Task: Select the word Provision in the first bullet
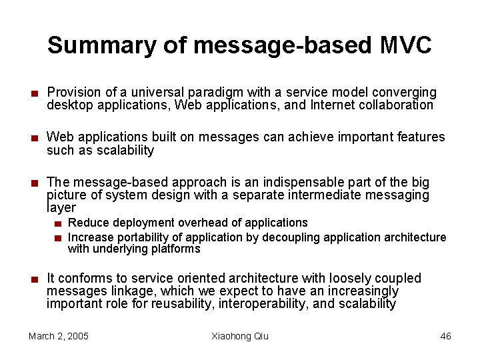click(x=73, y=92)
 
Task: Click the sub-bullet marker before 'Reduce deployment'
click(x=59, y=223)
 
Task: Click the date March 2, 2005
click(x=59, y=336)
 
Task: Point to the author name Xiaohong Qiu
click(x=240, y=336)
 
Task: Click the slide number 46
click(x=445, y=336)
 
